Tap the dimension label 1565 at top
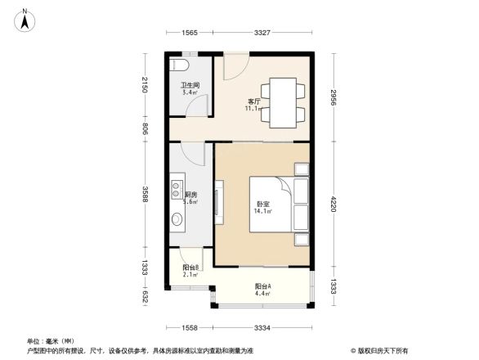coord(190,32)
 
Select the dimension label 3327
coord(262,32)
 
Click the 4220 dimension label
coord(335,203)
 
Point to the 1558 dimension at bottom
coord(190,327)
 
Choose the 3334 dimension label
coord(263,327)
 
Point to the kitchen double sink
coord(177,190)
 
